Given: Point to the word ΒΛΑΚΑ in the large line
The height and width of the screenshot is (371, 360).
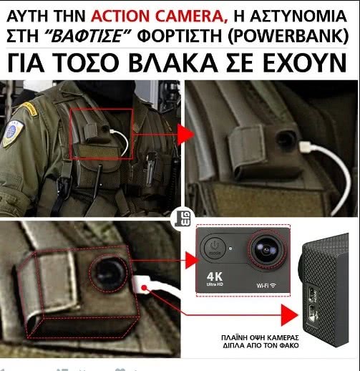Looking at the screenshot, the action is pyautogui.click(x=174, y=62).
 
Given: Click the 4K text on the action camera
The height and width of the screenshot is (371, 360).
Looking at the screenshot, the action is pyautogui.click(x=215, y=276).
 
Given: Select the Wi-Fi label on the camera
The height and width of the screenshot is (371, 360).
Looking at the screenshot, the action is pyautogui.click(x=266, y=285).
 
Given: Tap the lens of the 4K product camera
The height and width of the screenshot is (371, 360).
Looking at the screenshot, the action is pyautogui.click(x=266, y=249).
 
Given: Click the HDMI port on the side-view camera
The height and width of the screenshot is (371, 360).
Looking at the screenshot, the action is pyautogui.click(x=311, y=294).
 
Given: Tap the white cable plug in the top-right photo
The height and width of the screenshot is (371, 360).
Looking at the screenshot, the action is pyautogui.click(x=306, y=146).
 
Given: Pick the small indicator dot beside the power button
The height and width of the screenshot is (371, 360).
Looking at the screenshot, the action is pyautogui.click(x=230, y=249).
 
